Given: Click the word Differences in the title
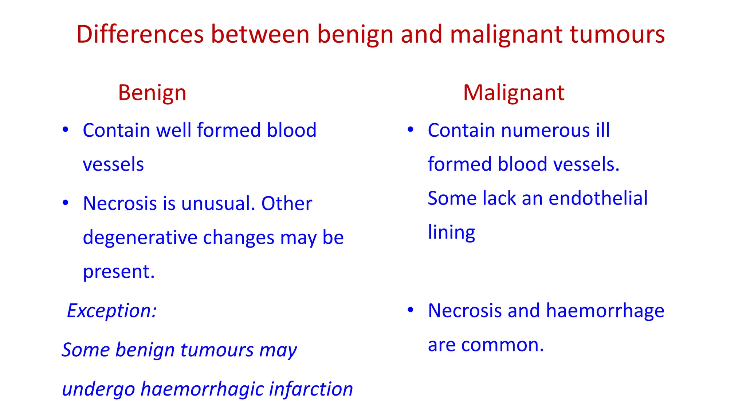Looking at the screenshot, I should pos(140,34).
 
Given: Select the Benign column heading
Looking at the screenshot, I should pos(152,93).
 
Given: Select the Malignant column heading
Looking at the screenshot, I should pos(514,93).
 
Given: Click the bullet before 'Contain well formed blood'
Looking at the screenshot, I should pos(65,130).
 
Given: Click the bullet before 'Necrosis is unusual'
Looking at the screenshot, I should pos(65,203).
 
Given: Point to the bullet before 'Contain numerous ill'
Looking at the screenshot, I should pos(411,130).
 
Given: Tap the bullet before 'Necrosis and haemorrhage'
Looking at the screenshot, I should pos(411,310).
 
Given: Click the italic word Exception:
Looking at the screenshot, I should pos(112,311).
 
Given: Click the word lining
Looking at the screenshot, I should pos(451,233).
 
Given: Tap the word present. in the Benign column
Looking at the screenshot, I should pos(119,272).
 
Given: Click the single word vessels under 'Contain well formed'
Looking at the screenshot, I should pos(113,164).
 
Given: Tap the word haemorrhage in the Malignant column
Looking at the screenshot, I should pos(605,311).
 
